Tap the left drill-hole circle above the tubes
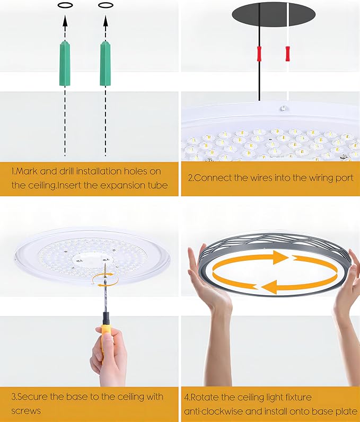tap(65, 6)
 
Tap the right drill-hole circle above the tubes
tap(106, 6)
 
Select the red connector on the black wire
tap(259, 54)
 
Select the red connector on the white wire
tap(288, 54)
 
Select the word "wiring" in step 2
tap(298, 178)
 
